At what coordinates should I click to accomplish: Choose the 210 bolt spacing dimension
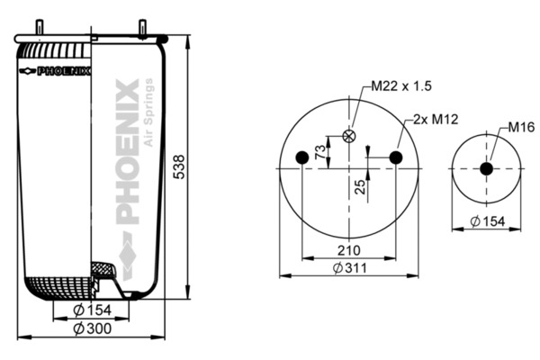pos(349,251)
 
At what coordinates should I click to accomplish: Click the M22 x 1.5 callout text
pos(401,87)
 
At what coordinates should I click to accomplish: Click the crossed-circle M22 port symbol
pos(349,137)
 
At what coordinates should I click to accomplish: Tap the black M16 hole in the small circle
pos(486,168)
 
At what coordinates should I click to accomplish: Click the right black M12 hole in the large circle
pos(396,158)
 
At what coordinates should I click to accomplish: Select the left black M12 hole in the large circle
pos(302,158)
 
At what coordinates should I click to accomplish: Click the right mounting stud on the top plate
pos(144,28)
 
